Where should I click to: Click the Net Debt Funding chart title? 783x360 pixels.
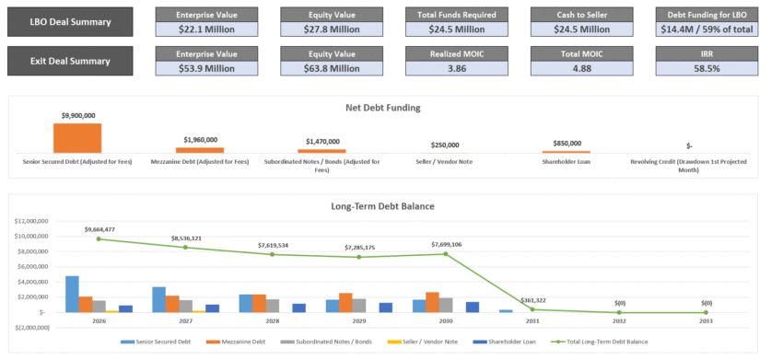[x=382, y=107]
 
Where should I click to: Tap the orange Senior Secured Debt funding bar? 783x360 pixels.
[x=77, y=137]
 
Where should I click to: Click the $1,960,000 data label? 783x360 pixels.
[x=200, y=140]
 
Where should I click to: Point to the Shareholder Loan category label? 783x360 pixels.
[x=566, y=161]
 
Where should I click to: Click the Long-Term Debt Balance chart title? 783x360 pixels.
[x=382, y=206]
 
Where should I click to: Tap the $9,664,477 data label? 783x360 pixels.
[x=99, y=228]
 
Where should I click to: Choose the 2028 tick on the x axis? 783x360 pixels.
[x=272, y=322]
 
